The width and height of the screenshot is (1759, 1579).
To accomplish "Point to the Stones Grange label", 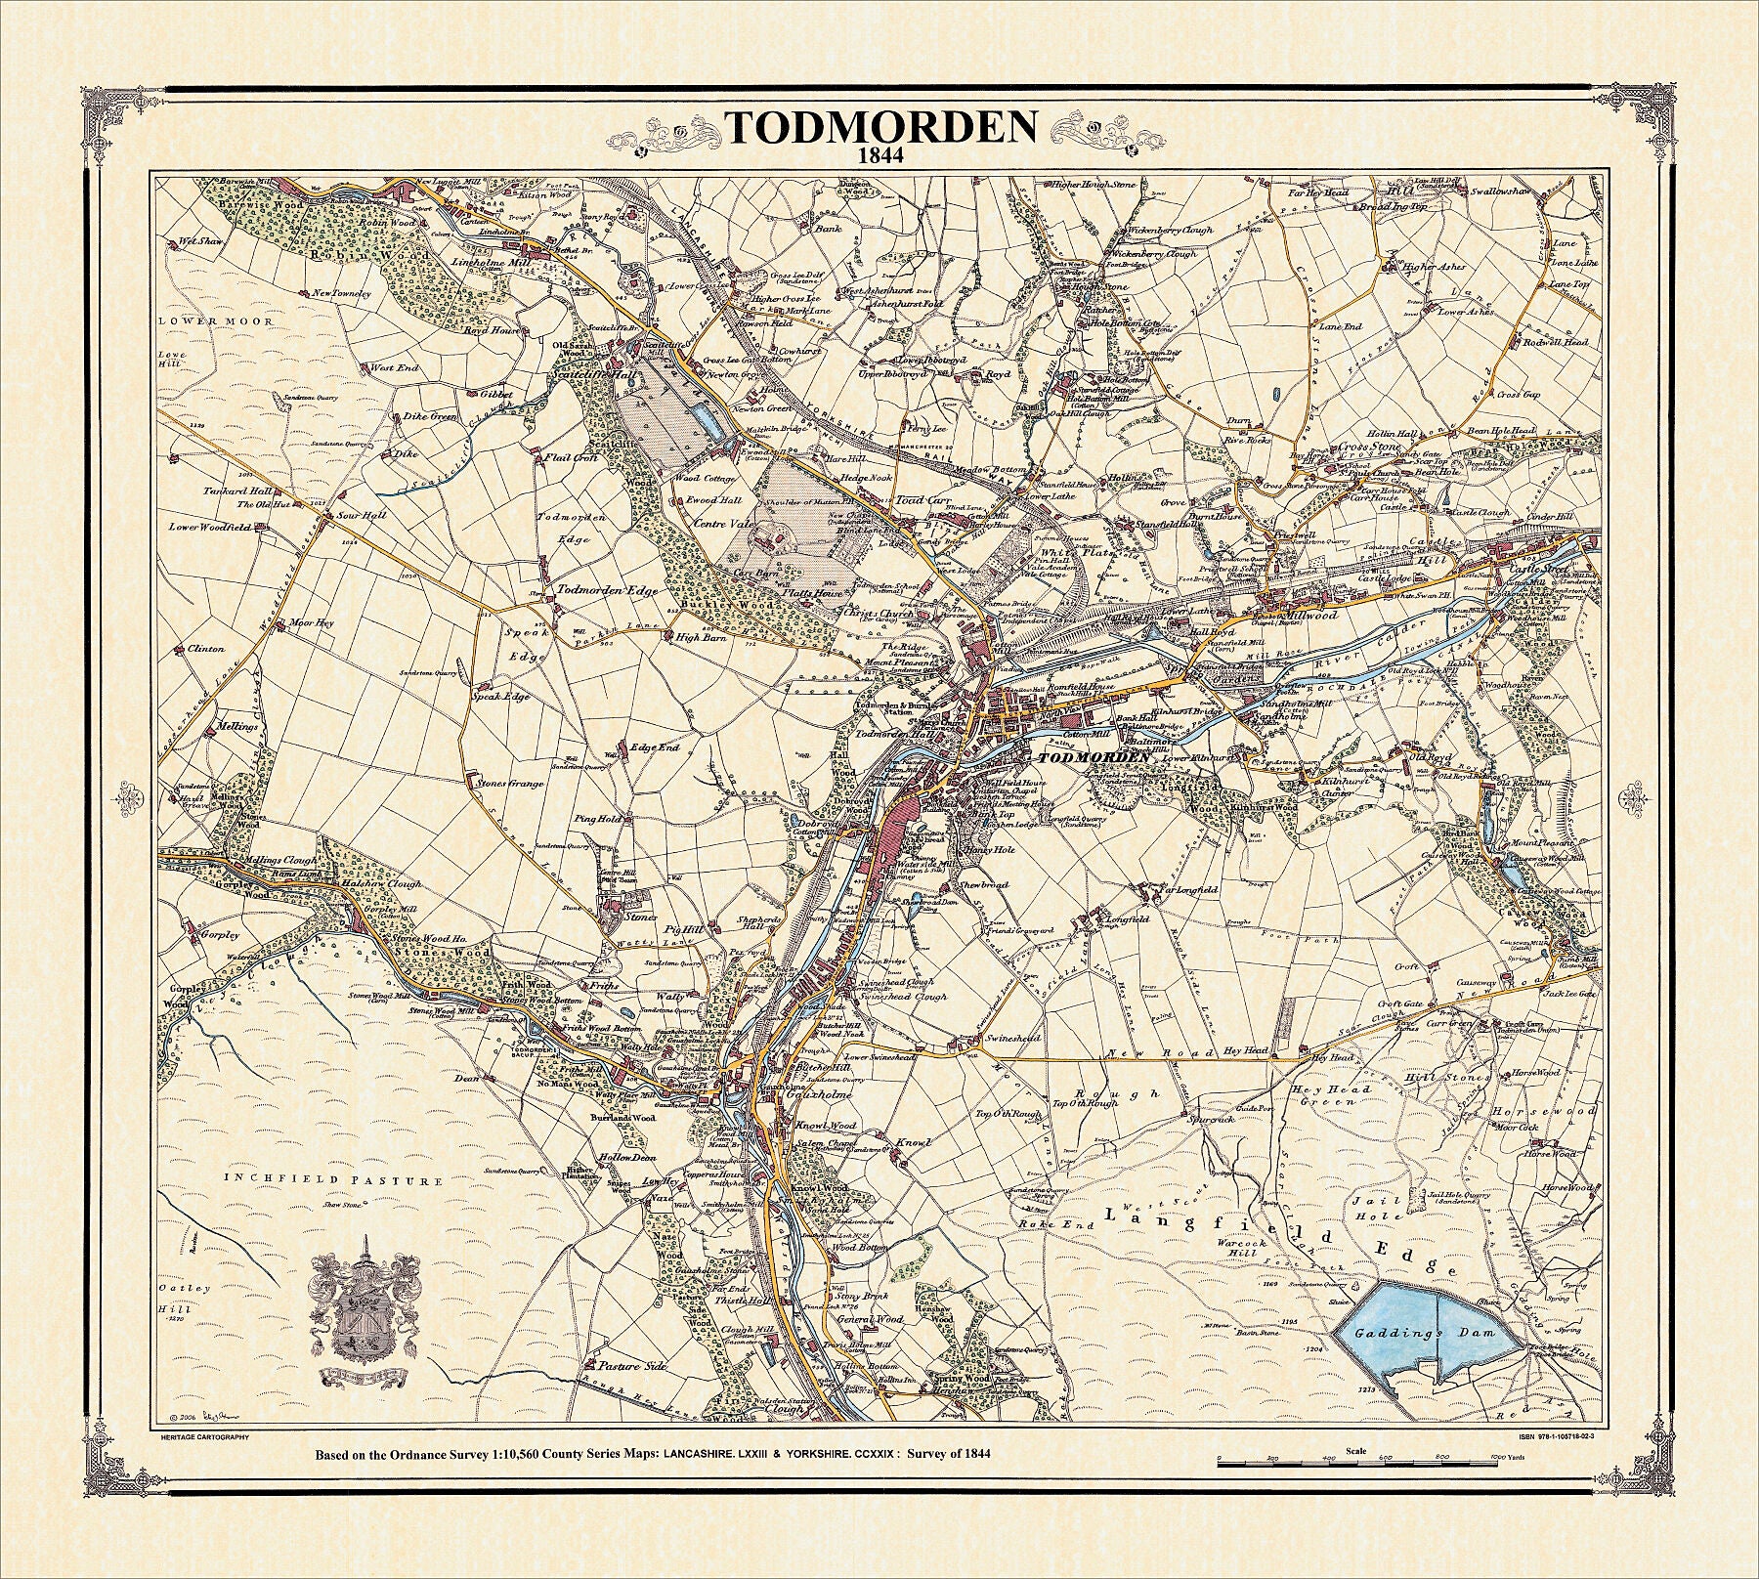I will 508,783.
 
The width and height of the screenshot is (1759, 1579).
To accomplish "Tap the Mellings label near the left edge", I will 237,727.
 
